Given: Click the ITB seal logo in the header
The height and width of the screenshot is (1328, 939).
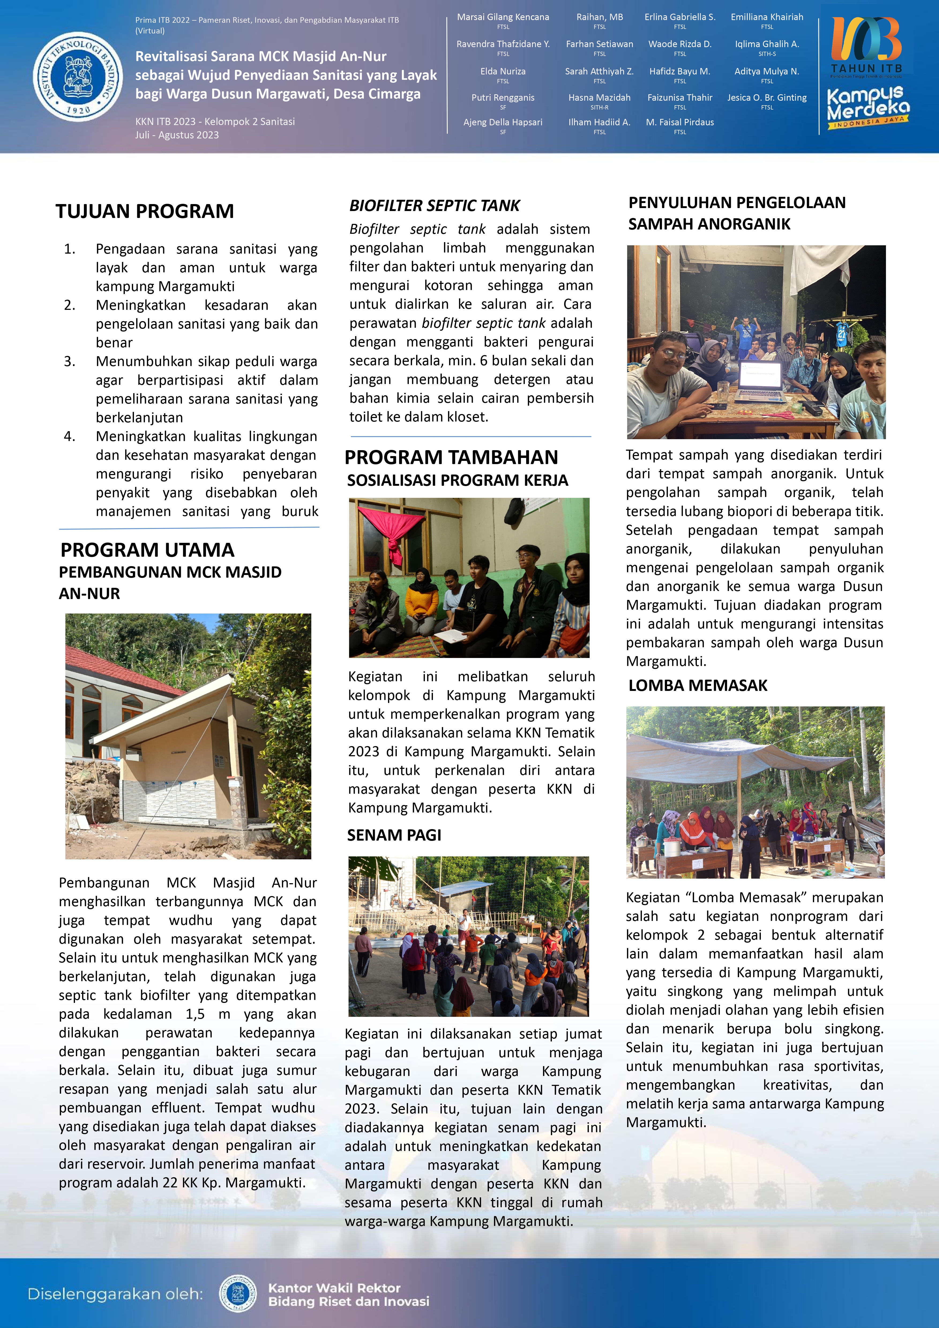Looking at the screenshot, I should [77, 77].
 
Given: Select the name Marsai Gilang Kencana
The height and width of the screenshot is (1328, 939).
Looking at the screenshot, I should [503, 17].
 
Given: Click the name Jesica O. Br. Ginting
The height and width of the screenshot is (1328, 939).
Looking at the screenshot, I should [766, 98].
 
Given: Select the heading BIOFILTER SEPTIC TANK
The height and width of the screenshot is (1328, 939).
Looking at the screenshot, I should [434, 206].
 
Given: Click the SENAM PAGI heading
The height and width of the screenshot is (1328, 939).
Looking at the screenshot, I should [394, 835].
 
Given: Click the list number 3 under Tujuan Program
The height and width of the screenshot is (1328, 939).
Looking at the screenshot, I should [69, 362].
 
